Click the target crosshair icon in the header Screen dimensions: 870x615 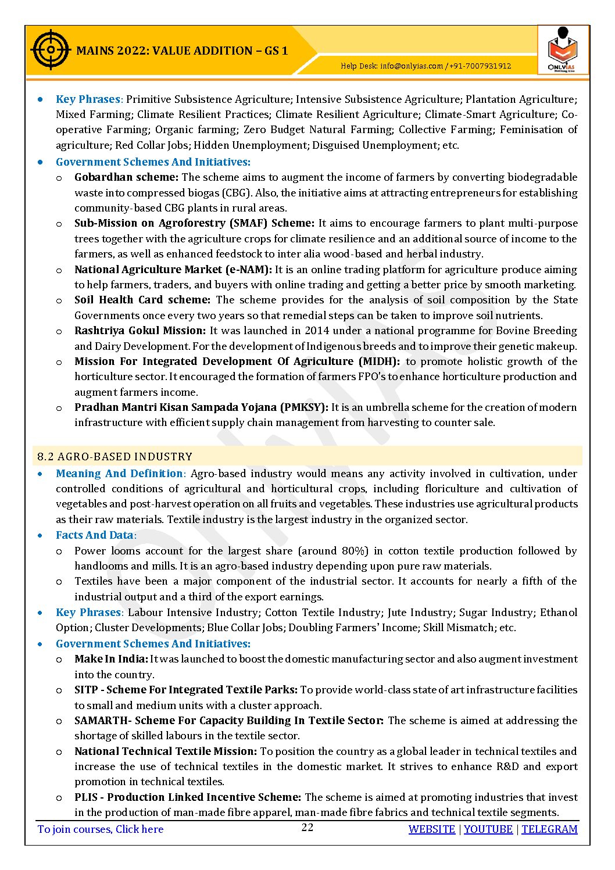pyautogui.click(x=51, y=50)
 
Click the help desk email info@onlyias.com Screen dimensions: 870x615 pyautogui.click(x=412, y=66)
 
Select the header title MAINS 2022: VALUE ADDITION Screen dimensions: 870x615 pyautogui.click(x=182, y=51)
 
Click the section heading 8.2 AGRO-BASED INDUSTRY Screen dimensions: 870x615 pyautogui.click(x=115, y=457)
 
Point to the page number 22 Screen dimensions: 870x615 pyautogui.click(x=307, y=828)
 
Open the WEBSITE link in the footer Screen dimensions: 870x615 pyautogui.click(x=431, y=829)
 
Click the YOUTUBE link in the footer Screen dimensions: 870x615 pyautogui.click(x=488, y=829)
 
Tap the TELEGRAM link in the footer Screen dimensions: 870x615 pyautogui.click(x=549, y=829)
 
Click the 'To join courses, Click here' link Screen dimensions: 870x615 pyautogui.click(x=100, y=829)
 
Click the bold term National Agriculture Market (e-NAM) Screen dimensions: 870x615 pyautogui.click(x=173, y=270)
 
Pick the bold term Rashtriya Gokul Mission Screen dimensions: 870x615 pyautogui.click(x=140, y=331)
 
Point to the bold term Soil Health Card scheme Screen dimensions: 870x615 pyautogui.click(x=142, y=300)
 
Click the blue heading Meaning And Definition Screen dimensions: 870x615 pyautogui.click(x=119, y=474)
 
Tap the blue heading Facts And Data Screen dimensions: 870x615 pyautogui.click(x=95, y=535)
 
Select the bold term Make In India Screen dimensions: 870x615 pyautogui.click(x=111, y=659)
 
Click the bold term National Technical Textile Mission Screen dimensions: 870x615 pyautogui.click(x=166, y=751)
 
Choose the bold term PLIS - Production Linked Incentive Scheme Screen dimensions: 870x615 pyautogui.click(x=188, y=797)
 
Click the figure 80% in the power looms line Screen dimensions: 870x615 pyautogui.click(x=355, y=551)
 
